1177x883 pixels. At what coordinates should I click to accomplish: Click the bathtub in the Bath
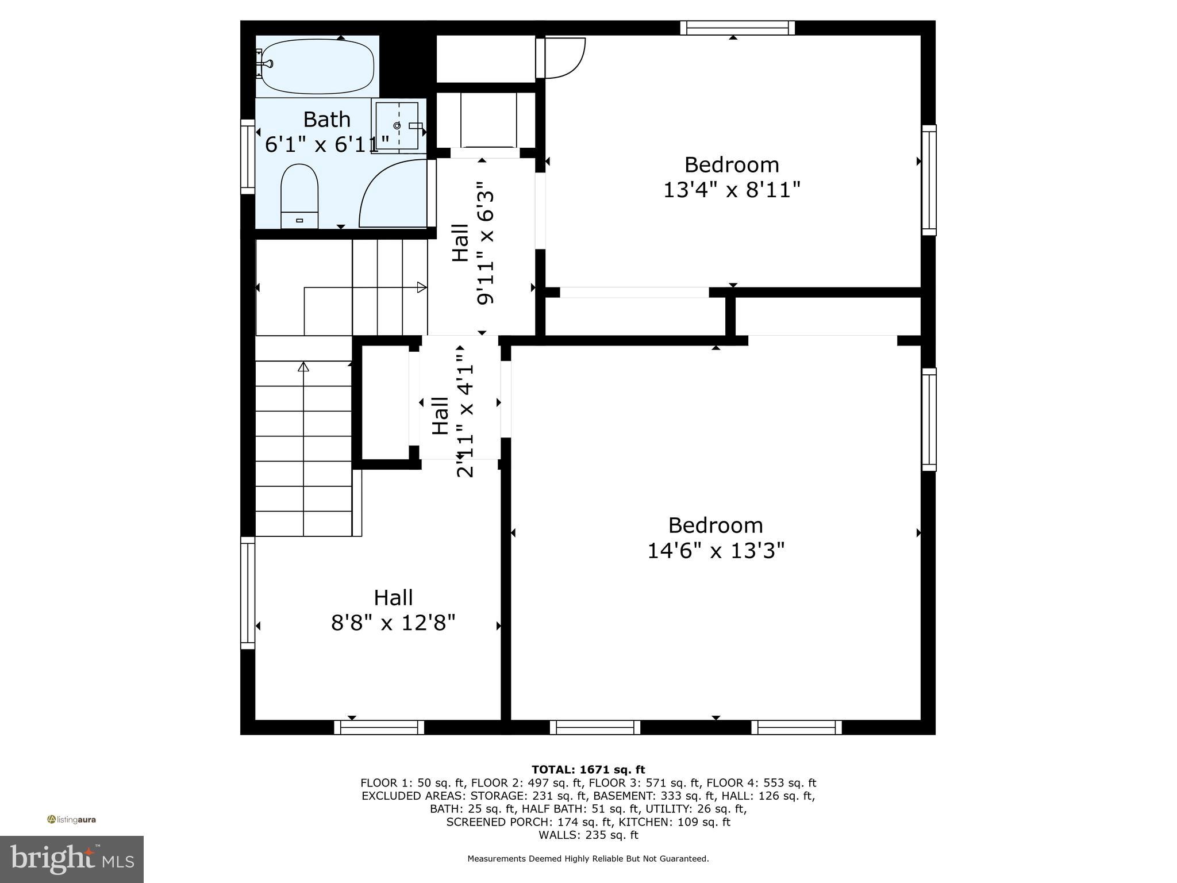pyautogui.click(x=316, y=66)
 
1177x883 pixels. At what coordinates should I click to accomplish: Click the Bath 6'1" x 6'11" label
pyautogui.click(x=327, y=131)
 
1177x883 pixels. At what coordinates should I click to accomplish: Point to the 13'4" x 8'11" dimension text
pyautogui.click(x=732, y=190)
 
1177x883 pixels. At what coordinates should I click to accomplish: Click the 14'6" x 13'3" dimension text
pyautogui.click(x=716, y=551)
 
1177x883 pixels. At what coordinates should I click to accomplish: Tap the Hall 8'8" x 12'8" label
pyautogui.click(x=393, y=610)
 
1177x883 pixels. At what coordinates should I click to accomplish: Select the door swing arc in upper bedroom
pyautogui.click(x=566, y=57)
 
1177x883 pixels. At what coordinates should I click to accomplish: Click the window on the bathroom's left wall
pyautogui.click(x=247, y=156)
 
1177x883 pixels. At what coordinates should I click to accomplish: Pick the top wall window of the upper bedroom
pyautogui.click(x=737, y=28)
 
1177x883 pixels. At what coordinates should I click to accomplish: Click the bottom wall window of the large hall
pyautogui.click(x=379, y=727)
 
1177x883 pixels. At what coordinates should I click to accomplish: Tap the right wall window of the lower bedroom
pyautogui.click(x=929, y=419)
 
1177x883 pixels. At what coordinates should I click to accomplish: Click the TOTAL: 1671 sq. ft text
pyautogui.click(x=588, y=769)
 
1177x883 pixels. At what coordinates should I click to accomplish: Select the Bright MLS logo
pyautogui.click(x=71, y=859)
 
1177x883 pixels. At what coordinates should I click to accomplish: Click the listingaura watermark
pyautogui.click(x=71, y=819)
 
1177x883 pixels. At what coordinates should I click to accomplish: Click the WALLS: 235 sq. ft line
pyautogui.click(x=588, y=835)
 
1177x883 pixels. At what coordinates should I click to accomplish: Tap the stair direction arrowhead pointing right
pyautogui.click(x=422, y=287)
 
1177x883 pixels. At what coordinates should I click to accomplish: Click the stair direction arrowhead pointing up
pyautogui.click(x=303, y=366)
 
